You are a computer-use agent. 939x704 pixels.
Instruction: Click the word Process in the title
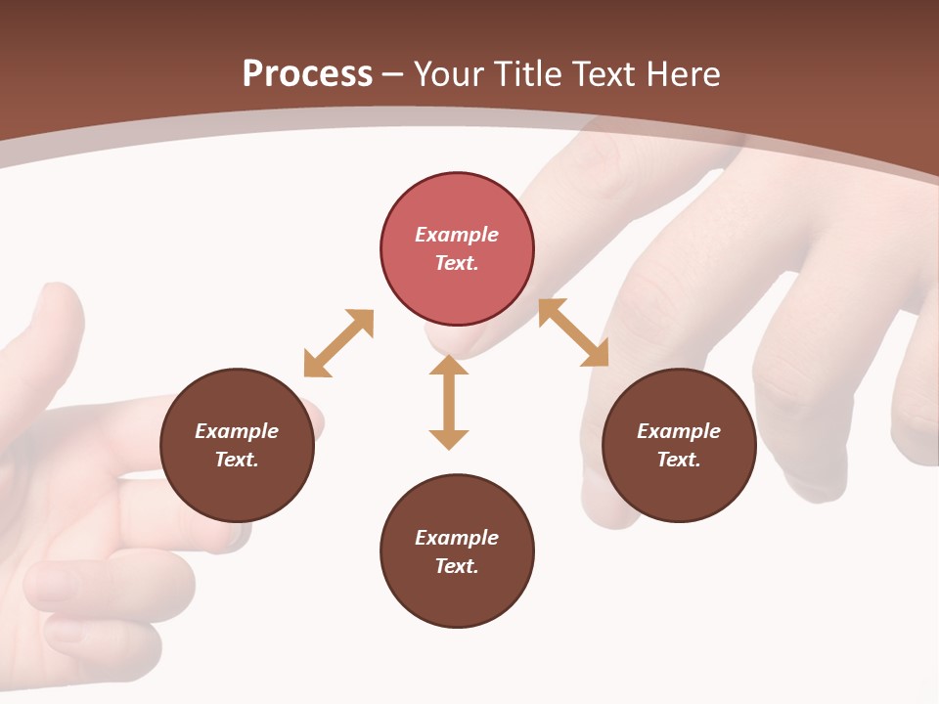307,74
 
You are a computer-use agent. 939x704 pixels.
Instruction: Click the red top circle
457,248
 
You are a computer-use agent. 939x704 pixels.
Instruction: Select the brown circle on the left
237,445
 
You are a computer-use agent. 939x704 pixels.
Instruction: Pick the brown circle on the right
679,445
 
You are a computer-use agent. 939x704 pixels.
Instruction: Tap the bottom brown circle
457,550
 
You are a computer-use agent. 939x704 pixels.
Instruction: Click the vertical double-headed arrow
449,402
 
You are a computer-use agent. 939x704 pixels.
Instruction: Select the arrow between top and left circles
339,343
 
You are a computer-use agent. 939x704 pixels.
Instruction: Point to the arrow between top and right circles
573,332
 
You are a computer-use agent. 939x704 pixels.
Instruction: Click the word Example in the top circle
457,235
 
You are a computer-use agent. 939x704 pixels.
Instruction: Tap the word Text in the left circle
237,460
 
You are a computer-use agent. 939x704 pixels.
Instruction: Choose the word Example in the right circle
679,431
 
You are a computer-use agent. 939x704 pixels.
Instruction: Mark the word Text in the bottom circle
457,566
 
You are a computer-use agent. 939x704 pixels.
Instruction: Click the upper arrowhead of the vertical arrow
449,365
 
